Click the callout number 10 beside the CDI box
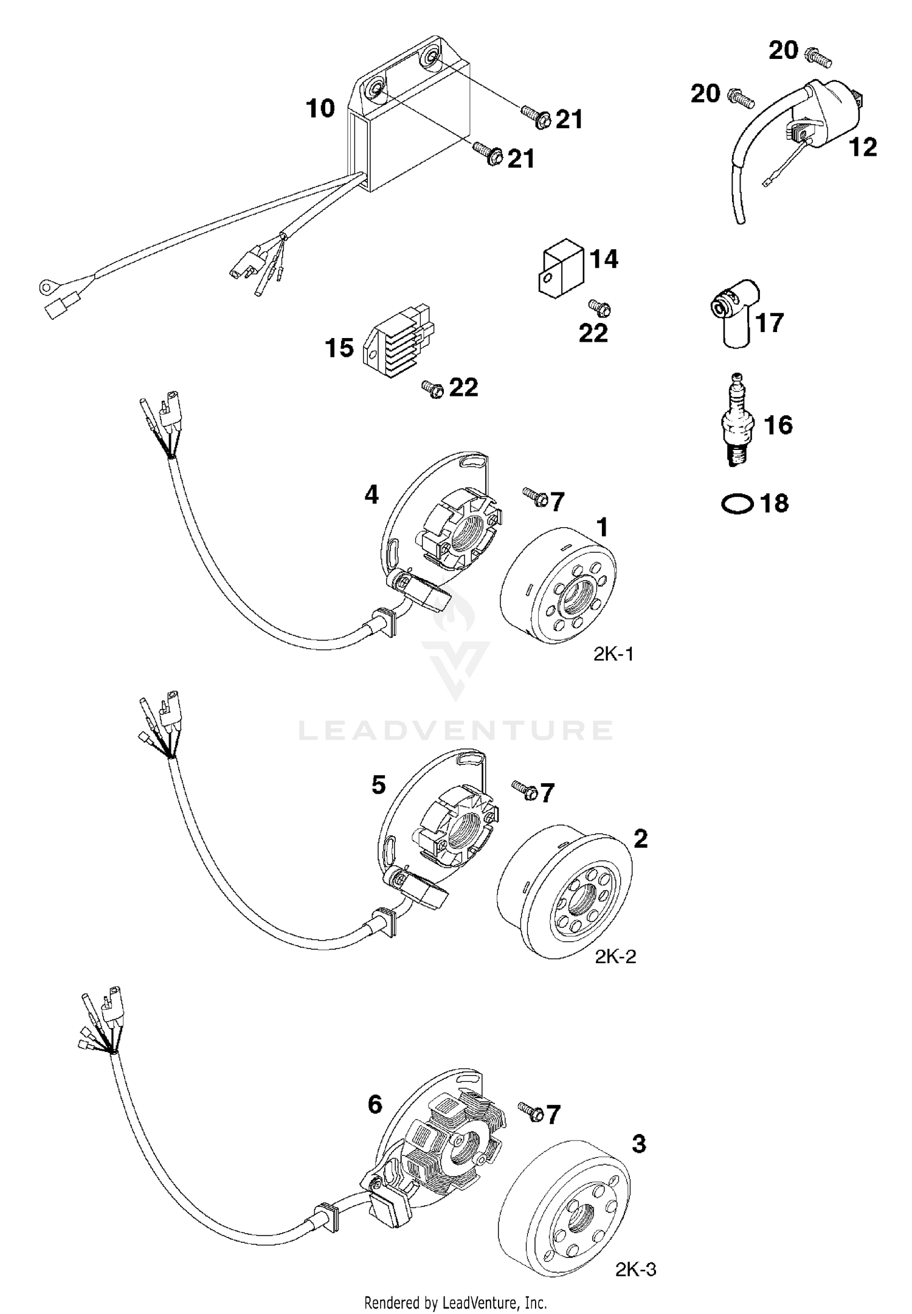click(x=320, y=109)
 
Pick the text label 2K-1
click(x=613, y=654)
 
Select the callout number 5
click(x=378, y=785)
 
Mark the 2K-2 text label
click(x=615, y=956)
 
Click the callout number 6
click(x=375, y=1104)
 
